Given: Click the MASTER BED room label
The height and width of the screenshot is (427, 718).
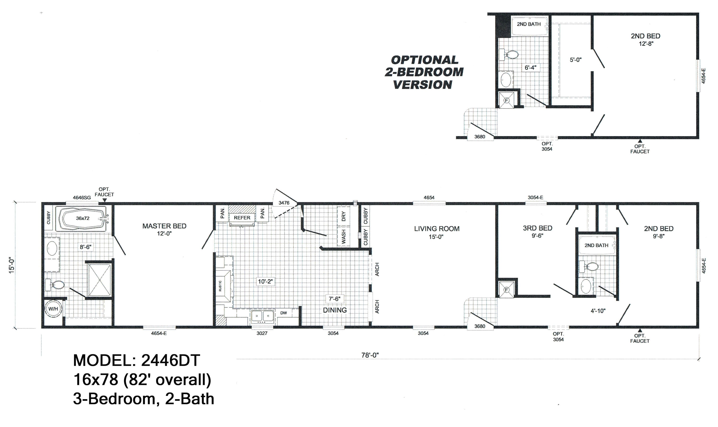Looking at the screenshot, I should [164, 226].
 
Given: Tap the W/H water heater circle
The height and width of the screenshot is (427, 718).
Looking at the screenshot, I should [53, 309].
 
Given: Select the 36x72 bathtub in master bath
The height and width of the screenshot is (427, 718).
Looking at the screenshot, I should [83, 218].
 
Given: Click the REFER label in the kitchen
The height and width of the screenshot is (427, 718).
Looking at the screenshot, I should [242, 218].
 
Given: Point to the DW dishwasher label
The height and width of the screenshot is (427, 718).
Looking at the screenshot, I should [284, 313].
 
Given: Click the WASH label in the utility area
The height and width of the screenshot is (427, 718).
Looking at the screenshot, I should [344, 236].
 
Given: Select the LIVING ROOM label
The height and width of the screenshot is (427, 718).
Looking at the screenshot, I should [437, 229].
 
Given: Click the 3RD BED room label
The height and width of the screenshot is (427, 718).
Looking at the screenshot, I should [537, 228].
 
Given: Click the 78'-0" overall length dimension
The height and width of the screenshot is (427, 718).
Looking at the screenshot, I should [370, 355].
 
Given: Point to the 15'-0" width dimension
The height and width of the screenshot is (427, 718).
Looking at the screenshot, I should [12, 265].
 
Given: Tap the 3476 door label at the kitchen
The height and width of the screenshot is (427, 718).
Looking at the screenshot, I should [284, 203].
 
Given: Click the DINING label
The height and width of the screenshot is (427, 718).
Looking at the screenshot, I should [335, 310].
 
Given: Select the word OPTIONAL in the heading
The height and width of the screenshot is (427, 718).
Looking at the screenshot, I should [425, 60].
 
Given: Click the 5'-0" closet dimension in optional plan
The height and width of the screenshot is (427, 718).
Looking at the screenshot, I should [576, 60].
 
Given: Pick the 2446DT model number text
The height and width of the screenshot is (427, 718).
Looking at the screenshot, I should [170, 360].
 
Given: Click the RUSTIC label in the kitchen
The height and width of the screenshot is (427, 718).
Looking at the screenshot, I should [220, 286].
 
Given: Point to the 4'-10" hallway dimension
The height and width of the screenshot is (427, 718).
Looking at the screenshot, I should [598, 311].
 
